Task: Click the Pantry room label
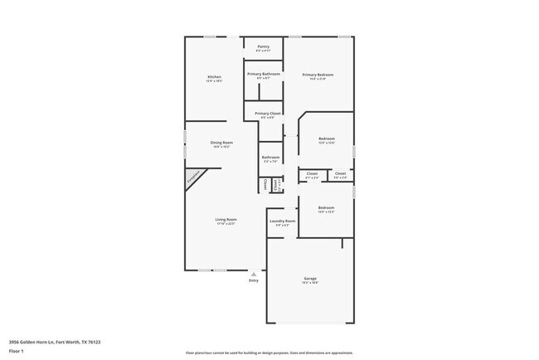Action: pyautogui.click(x=263, y=46)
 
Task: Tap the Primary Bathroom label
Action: pyautogui.click(x=263, y=74)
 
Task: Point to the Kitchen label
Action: pyautogui.click(x=214, y=77)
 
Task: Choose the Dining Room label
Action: pyautogui.click(x=221, y=143)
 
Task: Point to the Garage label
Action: pyautogui.click(x=310, y=278)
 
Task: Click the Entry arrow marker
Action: pyautogui.click(x=254, y=273)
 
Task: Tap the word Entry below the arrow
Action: pyautogui.click(x=254, y=280)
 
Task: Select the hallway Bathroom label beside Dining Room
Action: pyautogui.click(x=271, y=157)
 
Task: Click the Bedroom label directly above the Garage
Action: pyautogui.click(x=326, y=207)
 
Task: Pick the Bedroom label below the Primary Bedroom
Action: pyautogui.click(x=326, y=139)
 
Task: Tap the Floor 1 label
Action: pyautogui.click(x=17, y=351)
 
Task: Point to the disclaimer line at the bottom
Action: pyautogui.click(x=269, y=353)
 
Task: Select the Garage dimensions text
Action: pyautogui.click(x=310, y=283)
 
